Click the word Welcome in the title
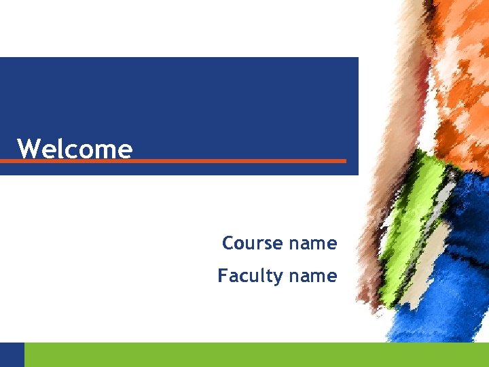[75, 148]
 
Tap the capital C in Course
[228, 243]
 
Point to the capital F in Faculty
[222, 275]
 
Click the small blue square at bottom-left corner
[12, 354]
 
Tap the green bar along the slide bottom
[251, 354]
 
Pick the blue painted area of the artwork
[455, 258]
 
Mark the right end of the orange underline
[344, 161]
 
